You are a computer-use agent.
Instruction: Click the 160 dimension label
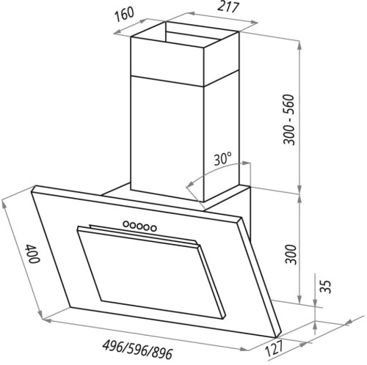pyautogui.click(x=124, y=15)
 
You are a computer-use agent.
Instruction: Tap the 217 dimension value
pyautogui.click(x=228, y=7)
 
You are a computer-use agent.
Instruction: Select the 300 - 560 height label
pyautogui.click(x=289, y=119)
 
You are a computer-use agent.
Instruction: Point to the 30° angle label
pyautogui.click(x=222, y=158)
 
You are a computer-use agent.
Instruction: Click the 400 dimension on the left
pyautogui.click(x=32, y=254)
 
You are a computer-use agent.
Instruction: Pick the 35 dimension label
pyautogui.click(x=326, y=287)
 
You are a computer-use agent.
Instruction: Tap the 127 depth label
pyautogui.click(x=275, y=348)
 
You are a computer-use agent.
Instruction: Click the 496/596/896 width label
pyautogui.click(x=138, y=351)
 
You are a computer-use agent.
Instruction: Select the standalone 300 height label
pyautogui.click(x=291, y=254)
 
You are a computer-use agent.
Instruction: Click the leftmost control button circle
pyautogui.click(x=126, y=224)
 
